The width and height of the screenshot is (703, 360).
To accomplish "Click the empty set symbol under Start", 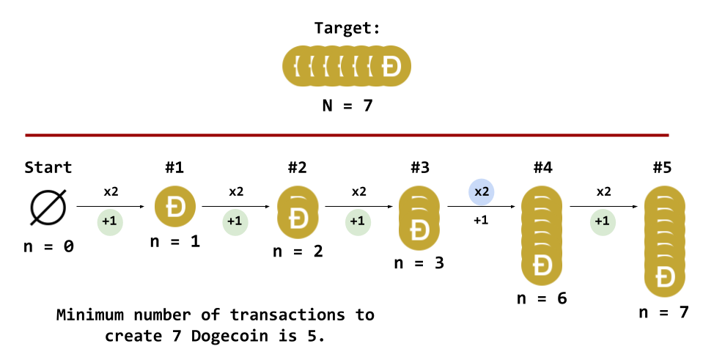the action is (48, 207).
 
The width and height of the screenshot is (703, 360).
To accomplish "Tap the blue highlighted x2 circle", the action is (482, 192).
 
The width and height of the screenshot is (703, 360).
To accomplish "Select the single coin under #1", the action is (175, 207).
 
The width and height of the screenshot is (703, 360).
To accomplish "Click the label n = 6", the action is (542, 298).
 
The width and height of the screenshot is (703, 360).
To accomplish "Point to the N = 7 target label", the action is (347, 106).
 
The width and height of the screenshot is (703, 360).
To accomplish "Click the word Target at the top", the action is (347, 29).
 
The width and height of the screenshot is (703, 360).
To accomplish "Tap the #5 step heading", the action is (662, 167).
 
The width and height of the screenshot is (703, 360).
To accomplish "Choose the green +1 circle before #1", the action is (110, 221).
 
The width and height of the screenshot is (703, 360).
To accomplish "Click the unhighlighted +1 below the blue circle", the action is (481, 220).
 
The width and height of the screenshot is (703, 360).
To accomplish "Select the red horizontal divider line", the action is (347, 135).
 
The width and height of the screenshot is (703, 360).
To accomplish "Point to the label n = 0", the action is (48, 246).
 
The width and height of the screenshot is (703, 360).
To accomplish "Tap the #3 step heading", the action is (420, 167).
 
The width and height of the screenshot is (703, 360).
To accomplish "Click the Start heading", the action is (48, 167).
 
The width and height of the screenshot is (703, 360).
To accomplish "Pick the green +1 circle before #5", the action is (602, 221).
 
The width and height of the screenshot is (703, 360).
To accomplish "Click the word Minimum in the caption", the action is (89, 315).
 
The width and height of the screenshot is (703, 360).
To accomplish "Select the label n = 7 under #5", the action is (664, 312).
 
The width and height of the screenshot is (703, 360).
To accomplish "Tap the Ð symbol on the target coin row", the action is (391, 66).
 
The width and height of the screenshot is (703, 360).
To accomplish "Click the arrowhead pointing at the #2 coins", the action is (268, 207).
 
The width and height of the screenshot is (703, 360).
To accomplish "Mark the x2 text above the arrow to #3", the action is (358, 192).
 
